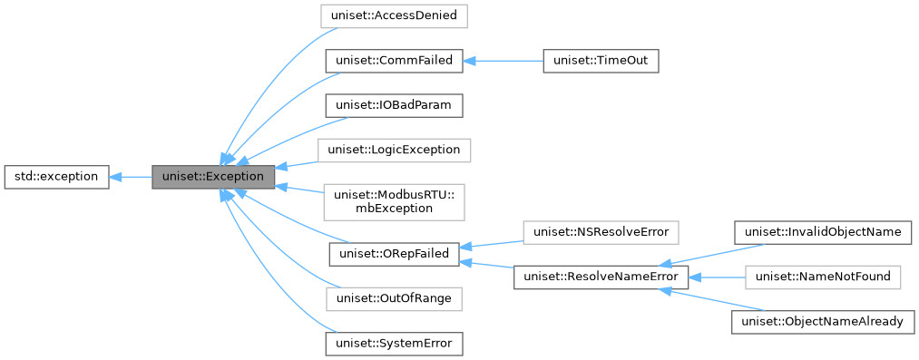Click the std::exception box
(x=57, y=176)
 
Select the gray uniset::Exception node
(x=213, y=176)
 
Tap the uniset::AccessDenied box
(x=394, y=15)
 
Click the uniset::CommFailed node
(x=394, y=62)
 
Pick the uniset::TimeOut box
(x=600, y=62)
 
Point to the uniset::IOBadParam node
(x=394, y=105)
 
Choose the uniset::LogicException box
(x=394, y=149)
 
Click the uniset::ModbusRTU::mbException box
(x=394, y=200)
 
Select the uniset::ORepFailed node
(x=394, y=254)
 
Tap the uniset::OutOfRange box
(x=394, y=297)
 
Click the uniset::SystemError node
(x=394, y=343)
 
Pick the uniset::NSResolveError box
(x=600, y=232)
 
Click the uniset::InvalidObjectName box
(x=822, y=232)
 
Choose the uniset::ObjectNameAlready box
(x=822, y=321)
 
